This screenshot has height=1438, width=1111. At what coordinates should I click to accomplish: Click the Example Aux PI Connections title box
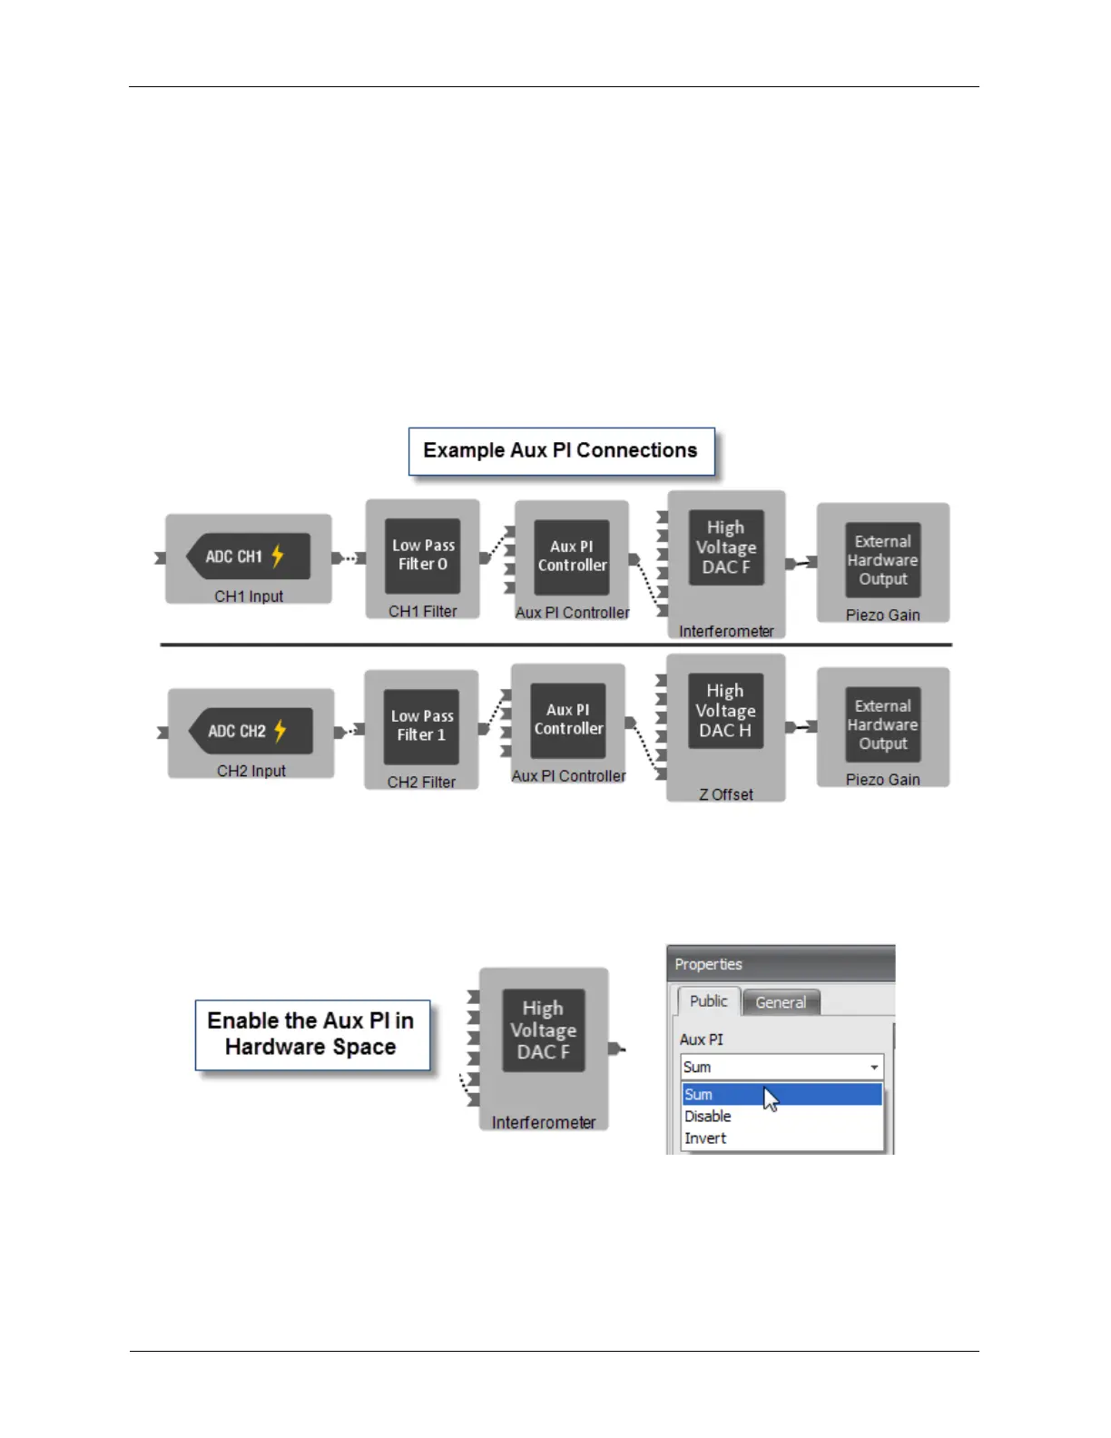click(561, 451)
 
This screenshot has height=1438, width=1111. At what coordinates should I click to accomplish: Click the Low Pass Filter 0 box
click(422, 555)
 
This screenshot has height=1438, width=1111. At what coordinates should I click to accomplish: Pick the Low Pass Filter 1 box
click(421, 725)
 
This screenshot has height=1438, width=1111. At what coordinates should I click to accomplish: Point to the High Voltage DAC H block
click(725, 711)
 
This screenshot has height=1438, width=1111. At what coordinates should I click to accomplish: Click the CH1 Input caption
click(249, 596)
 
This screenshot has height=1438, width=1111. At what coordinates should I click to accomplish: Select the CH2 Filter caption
click(421, 782)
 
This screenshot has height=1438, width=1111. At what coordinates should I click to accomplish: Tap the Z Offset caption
click(725, 794)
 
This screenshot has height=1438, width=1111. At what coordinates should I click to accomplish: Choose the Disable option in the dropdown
click(708, 1117)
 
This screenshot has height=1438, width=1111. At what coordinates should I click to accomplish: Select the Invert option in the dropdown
click(705, 1138)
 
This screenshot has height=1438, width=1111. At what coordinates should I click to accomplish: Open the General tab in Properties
click(781, 1002)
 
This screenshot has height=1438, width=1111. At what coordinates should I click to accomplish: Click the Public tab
click(708, 1000)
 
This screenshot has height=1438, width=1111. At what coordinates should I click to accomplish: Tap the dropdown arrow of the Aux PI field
click(874, 1068)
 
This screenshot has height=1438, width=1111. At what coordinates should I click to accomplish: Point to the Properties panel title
click(709, 964)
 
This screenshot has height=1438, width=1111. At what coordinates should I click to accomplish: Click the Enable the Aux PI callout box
click(311, 1034)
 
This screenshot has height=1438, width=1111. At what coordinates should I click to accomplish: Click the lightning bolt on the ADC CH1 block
click(278, 556)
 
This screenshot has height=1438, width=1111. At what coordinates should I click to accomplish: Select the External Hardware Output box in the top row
click(882, 560)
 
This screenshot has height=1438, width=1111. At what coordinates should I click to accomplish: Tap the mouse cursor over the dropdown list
click(771, 1099)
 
